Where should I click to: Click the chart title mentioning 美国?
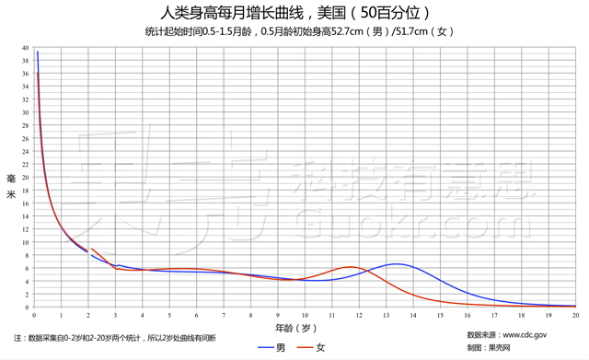click(x=294, y=13)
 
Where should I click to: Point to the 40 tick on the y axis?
click(x=26, y=48)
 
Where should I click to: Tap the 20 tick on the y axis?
click(x=26, y=178)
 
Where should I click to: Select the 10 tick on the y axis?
click(x=26, y=243)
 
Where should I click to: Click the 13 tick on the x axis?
click(x=387, y=315)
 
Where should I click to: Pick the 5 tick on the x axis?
click(x=169, y=315)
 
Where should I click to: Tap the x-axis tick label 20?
click(x=575, y=315)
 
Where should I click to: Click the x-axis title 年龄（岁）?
click(x=294, y=328)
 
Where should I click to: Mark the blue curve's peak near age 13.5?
click(x=397, y=264)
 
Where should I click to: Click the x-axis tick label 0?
click(x=34, y=315)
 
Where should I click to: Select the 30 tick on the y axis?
click(x=26, y=113)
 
